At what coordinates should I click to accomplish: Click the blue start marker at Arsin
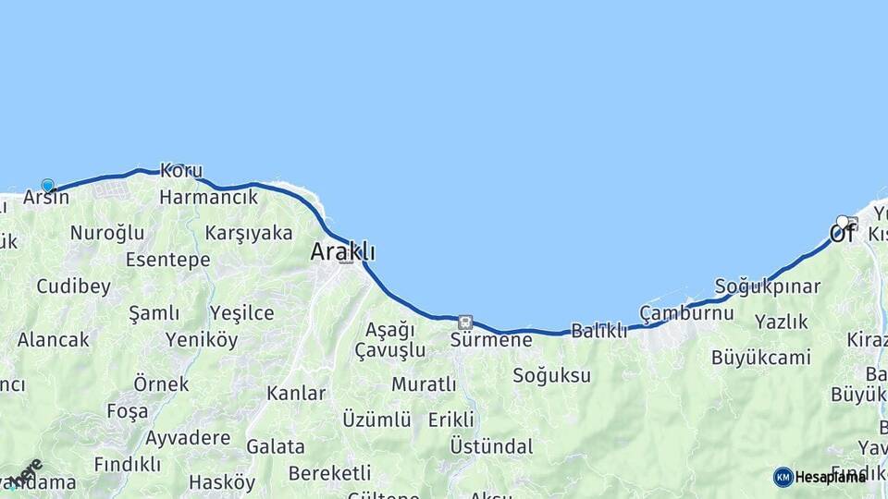pos(47,186)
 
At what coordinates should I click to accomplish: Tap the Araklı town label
pos(343,250)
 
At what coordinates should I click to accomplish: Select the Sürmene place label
pos(491,340)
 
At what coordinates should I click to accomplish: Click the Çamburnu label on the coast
pos(686,312)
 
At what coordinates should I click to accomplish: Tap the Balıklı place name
pos(598,330)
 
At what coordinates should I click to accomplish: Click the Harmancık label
pos(208,197)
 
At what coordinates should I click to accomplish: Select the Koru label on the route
pos(181,171)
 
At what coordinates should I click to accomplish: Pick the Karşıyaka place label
pos(249,232)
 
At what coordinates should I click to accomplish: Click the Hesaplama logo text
pos(830,477)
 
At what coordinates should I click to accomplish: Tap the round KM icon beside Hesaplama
pos(783,477)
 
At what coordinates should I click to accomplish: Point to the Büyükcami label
pos(760,357)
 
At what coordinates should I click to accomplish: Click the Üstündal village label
pos(491,446)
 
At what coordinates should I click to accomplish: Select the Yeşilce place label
pos(242,313)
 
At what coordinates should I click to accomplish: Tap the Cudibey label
pos(74,286)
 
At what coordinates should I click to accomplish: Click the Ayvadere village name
pos(188,436)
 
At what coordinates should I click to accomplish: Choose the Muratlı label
pos(424,383)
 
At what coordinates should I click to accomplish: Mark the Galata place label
pos(275,446)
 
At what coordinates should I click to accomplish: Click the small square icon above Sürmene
pos(464,323)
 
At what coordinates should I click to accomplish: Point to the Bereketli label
pos(329,472)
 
